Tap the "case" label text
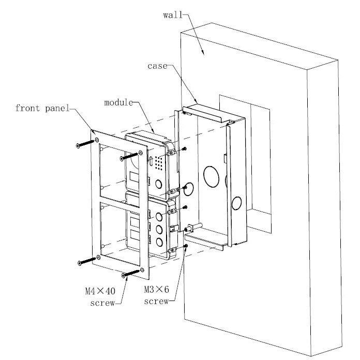157,67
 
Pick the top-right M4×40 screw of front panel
130,155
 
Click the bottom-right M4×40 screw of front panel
131,273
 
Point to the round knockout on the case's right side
237,203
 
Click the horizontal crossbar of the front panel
122,201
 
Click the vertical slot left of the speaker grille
150,162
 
